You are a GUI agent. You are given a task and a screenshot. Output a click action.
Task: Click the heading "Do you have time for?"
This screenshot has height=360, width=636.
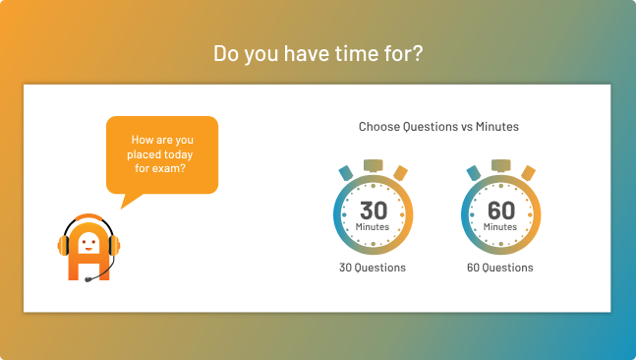coord(318,52)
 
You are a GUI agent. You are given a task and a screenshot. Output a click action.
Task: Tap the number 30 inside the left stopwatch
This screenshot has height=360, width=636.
coord(373,210)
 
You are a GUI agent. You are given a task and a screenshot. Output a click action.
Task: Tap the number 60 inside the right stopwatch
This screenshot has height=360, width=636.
coord(500,210)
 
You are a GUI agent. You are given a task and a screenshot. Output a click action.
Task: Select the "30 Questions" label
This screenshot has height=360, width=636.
coord(373,268)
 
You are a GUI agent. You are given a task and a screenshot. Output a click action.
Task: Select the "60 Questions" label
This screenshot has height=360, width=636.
coord(500,268)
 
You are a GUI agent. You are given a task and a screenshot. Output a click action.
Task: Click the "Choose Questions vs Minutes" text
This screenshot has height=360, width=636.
coord(438,127)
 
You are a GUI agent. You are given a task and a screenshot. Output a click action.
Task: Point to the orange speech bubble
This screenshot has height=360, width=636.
coord(161,154)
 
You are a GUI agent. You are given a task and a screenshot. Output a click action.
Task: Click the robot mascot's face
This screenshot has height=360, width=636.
coord(88,240)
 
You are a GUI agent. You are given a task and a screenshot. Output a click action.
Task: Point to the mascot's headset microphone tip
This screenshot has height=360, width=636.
coord(88,279)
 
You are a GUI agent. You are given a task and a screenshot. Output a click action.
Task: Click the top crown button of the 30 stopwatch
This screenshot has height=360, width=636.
coord(373,165)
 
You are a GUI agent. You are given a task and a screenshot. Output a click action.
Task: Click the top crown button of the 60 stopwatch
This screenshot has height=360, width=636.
coord(500,165)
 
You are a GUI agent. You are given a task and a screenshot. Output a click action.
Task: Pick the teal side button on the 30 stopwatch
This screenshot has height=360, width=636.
coord(346,173)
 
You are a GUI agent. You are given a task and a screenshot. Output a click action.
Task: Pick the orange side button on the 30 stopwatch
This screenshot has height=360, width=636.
coord(400,173)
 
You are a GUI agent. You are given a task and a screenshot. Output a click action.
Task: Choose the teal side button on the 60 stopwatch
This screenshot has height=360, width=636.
coord(474,173)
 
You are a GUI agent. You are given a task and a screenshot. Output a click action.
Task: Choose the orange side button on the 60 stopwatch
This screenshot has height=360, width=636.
coord(528,173)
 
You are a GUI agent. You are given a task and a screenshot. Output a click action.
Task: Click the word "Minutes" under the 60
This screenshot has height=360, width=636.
coord(500,227)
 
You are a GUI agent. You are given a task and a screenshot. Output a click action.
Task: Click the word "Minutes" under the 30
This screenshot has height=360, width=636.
coord(373,227)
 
